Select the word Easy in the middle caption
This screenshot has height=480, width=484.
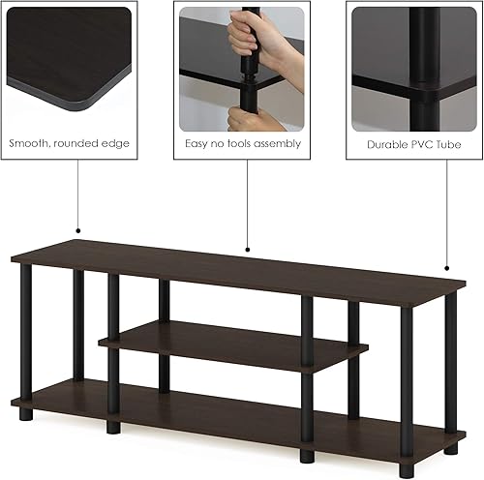(x=197, y=143)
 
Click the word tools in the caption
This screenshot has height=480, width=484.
(x=238, y=143)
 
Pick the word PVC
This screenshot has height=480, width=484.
(x=422, y=143)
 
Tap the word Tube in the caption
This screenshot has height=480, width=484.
(x=448, y=143)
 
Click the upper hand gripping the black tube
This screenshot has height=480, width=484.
(x=245, y=36)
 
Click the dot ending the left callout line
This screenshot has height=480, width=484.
(x=77, y=231)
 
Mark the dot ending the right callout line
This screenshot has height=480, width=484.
(x=448, y=267)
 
